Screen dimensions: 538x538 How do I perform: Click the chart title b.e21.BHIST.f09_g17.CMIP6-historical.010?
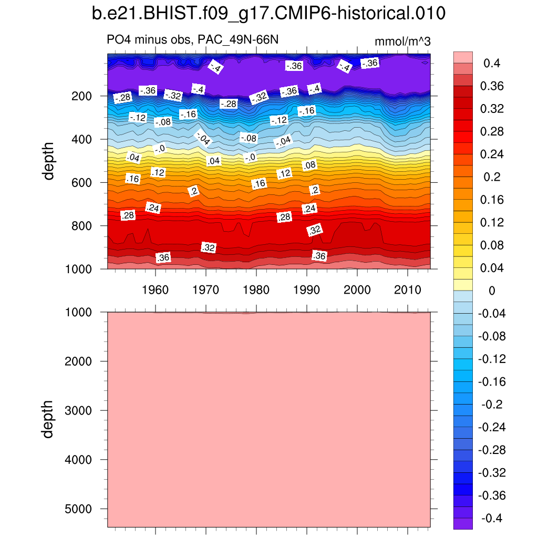(268, 14)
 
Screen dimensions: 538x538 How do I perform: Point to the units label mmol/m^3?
(402, 42)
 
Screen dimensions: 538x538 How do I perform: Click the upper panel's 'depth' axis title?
(49, 161)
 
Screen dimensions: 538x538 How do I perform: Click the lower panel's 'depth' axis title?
(49, 419)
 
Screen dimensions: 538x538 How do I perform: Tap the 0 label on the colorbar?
(491, 291)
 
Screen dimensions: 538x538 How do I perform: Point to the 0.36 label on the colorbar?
(491, 86)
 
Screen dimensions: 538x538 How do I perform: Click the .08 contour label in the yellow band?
(310, 165)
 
